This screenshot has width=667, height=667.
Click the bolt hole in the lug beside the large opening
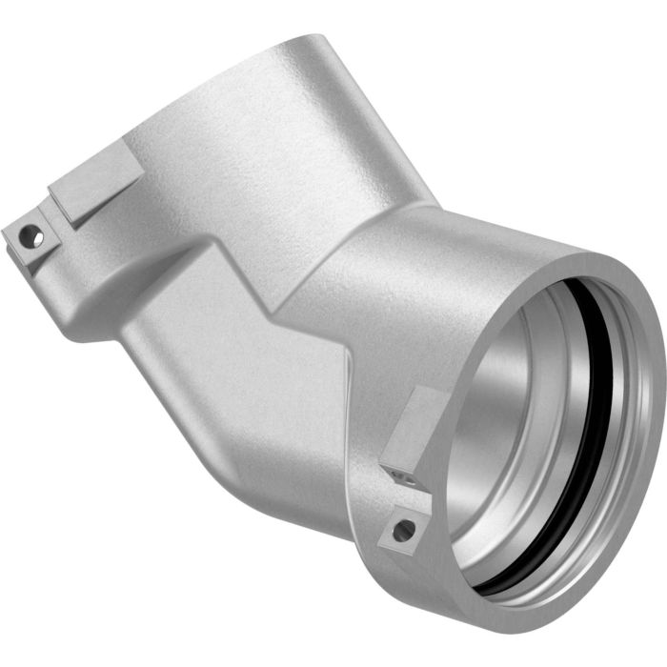tap(404, 529)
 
